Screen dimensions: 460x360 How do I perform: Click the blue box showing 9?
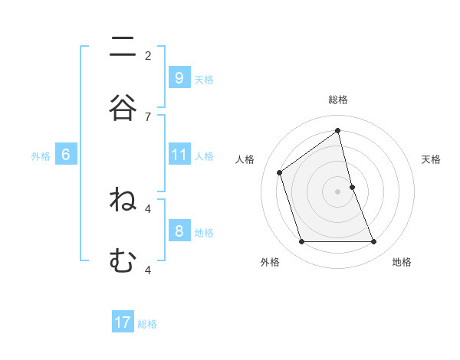[x=179, y=77]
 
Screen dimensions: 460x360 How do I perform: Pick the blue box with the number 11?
[x=179, y=155]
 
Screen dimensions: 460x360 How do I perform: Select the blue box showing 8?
[x=179, y=231]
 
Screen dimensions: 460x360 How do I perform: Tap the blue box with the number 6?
[x=66, y=155]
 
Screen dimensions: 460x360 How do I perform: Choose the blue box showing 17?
[x=123, y=322]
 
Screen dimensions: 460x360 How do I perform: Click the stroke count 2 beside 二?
[x=148, y=55]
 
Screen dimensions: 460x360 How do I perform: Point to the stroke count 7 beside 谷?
[x=148, y=116]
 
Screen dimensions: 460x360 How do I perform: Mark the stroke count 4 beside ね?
[x=148, y=208]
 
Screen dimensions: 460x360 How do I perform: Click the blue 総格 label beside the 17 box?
[x=147, y=324]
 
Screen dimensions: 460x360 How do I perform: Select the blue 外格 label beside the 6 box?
[x=41, y=156]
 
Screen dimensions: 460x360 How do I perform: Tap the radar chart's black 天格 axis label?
[x=431, y=159]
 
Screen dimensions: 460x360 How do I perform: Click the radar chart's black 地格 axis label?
[x=402, y=262]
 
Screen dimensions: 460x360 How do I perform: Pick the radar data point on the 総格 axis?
[x=337, y=131]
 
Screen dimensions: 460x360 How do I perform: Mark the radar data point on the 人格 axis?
[x=280, y=172]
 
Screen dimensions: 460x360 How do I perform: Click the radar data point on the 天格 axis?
[x=352, y=187]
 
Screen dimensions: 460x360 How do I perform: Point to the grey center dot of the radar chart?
[x=337, y=191]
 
